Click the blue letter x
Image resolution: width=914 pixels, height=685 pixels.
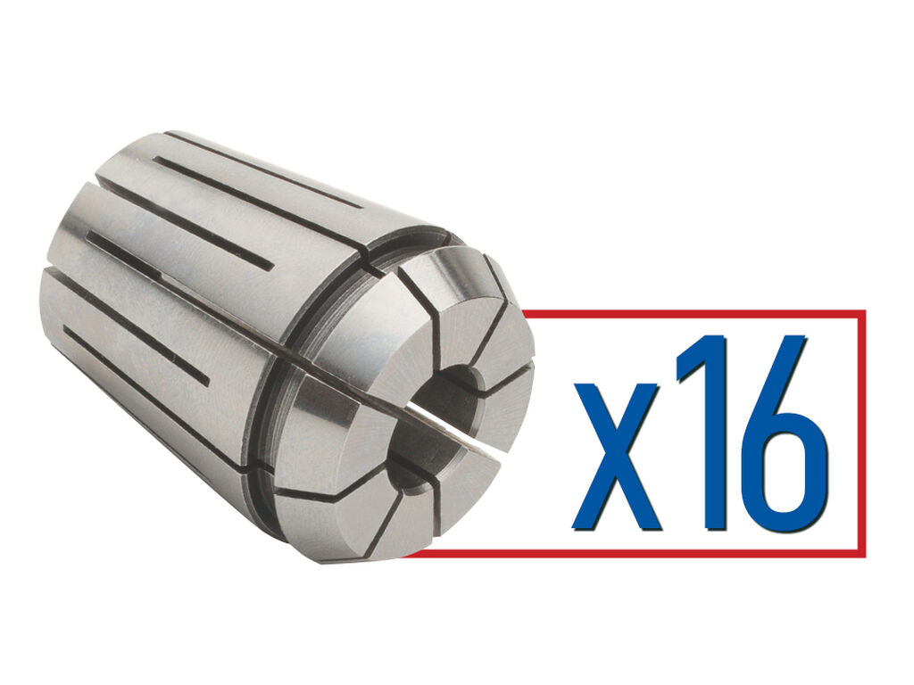(616, 455)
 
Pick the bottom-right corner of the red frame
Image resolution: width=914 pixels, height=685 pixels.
(863, 554)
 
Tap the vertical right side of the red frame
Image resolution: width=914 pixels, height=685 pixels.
(863, 433)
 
